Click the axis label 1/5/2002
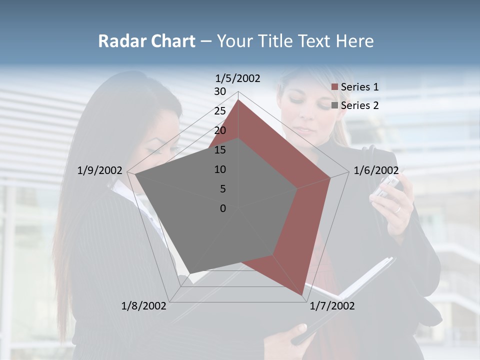click(237, 78)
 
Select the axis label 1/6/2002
click(376, 170)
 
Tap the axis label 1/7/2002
click(332, 305)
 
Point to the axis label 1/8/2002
click(143, 305)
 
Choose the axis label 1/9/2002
click(99, 170)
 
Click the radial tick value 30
click(220, 91)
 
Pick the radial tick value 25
click(220, 111)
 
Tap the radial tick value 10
click(220, 169)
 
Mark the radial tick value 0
click(223, 208)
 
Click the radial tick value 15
click(220, 150)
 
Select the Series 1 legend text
click(359, 87)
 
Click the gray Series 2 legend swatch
click(335, 105)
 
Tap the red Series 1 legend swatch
click(335, 87)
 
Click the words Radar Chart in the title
click(146, 41)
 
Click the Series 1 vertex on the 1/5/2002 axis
click(238, 100)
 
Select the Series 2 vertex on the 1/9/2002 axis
click(135, 174)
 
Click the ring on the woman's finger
click(398, 209)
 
